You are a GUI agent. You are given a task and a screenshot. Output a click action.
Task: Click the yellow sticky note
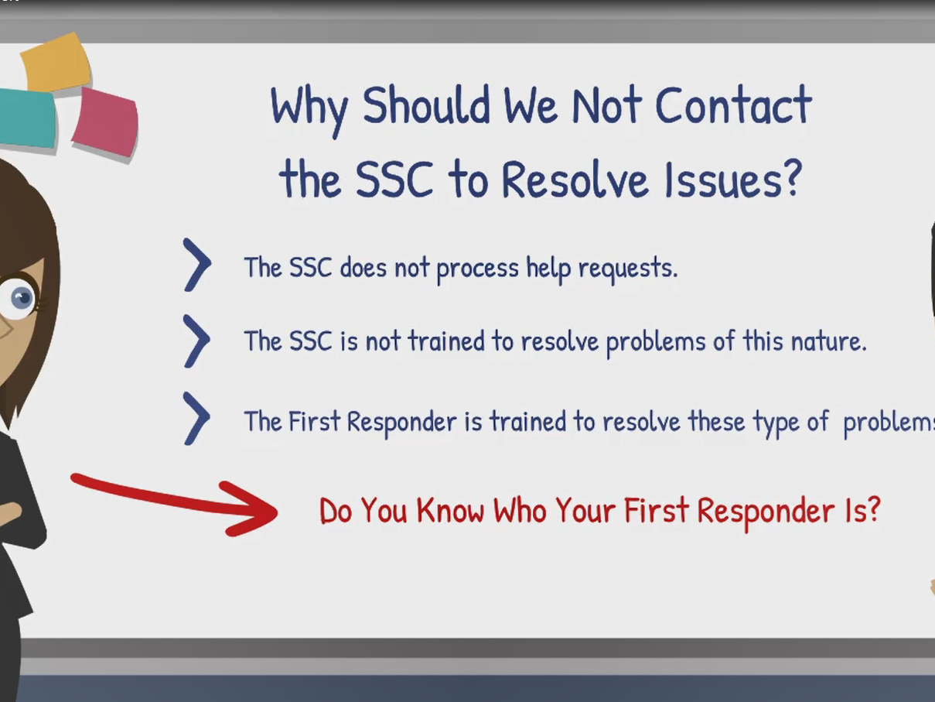coord(56,62)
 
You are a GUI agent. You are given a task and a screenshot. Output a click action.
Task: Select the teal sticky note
coord(26,118)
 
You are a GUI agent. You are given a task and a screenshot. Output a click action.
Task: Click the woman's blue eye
coord(22,297)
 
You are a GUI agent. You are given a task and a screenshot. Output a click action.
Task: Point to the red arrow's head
coord(251,509)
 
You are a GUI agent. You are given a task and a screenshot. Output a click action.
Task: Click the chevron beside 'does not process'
coord(196,265)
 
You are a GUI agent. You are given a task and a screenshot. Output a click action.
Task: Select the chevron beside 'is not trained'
coord(196,341)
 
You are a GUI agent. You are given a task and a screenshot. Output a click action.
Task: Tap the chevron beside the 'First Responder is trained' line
coord(196,419)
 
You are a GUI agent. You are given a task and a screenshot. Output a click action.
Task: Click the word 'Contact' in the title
coord(733,104)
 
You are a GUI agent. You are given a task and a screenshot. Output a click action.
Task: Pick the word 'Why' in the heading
coord(309,111)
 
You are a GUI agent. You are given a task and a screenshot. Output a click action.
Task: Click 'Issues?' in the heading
coord(732,180)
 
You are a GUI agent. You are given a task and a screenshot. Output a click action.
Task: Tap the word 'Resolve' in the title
coord(575,180)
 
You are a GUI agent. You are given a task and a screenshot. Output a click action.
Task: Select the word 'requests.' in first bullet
coord(628,269)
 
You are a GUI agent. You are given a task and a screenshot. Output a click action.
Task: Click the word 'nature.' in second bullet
coord(829,341)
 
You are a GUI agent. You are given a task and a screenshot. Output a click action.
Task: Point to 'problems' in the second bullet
coord(656,343)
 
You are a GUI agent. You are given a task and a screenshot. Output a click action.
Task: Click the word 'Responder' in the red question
coord(766,512)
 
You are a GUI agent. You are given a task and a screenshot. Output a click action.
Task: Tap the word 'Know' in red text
coord(450,510)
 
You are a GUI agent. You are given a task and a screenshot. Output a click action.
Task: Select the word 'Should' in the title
coord(426,104)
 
